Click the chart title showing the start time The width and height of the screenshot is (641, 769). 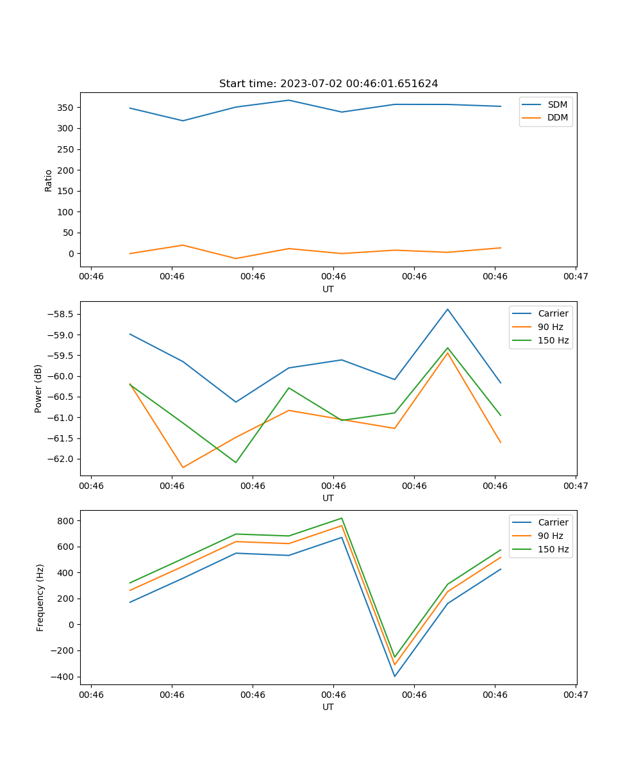pyautogui.click(x=328, y=84)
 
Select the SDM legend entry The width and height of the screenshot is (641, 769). pyautogui.click(x=557, y=104)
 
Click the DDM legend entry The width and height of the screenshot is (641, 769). pyautogui.click(x=557, y=117)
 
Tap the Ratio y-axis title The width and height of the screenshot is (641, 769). pyautogui.click(x=49, y=180)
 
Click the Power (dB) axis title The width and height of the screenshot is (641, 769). pyautogui.click(x=38, y=388)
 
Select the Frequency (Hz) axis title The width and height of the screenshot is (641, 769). pyautogui.click(x=40, y=597)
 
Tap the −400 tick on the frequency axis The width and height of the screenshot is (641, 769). pyautogui.click(x=63, y=677)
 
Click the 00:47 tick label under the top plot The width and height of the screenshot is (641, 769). pyautogui.click(x=576, y=277)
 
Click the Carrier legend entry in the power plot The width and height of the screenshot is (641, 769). pyautogui.click(x=553, y=313)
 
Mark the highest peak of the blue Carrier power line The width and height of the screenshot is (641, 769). pyautogui.click(x=447, y=309)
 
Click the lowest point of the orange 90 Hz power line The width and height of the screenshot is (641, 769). pyautogui.click(x=183, y=467)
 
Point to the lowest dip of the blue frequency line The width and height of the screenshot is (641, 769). pyautogui.click(x=394, y=676)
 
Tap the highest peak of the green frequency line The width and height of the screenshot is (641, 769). pyautogui.click(x=342, y=518)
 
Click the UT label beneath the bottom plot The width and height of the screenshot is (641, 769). pyautogui.click(x=328, y=707)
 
